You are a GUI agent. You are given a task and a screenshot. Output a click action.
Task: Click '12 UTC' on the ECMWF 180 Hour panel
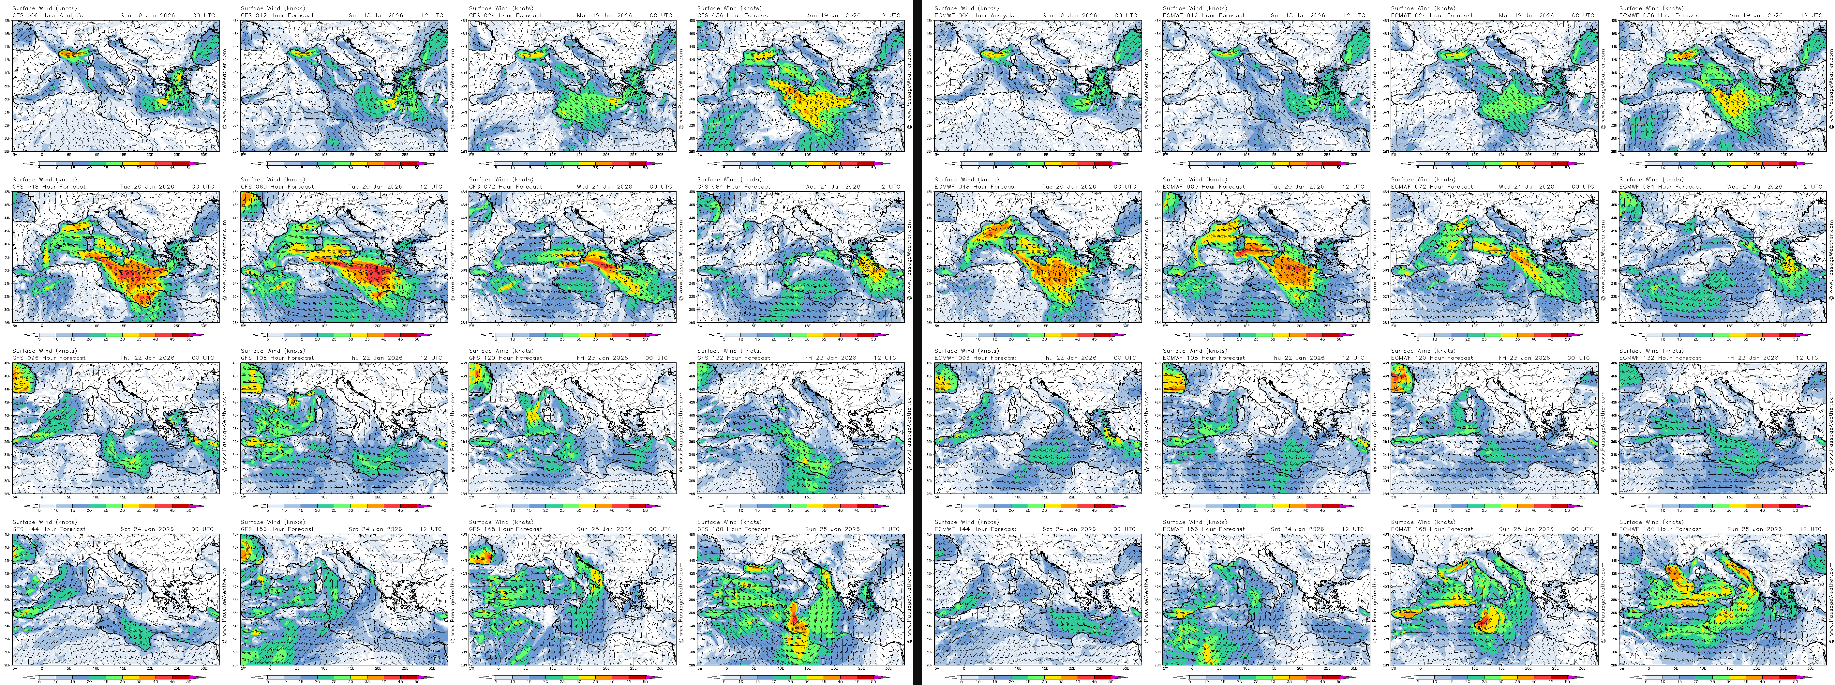pyautogui.click(x=1810, y=529)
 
